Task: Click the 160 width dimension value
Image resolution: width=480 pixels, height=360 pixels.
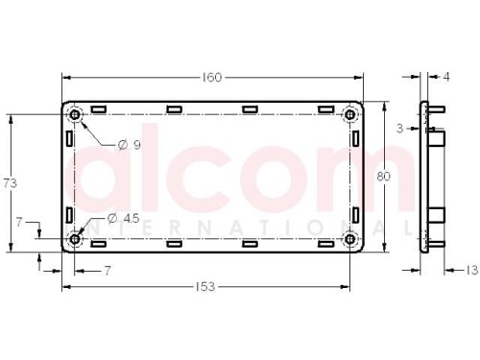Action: pos(212,78)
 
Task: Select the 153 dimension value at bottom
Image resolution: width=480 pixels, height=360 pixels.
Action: pos(205,287)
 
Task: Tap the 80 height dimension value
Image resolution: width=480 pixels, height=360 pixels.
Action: pos(383,177)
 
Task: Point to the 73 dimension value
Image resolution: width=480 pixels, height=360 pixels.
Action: pos(10,183)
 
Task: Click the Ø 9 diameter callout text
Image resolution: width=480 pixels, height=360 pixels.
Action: pos(129,145)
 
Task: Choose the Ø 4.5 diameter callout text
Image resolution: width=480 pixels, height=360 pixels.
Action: pos(123,219)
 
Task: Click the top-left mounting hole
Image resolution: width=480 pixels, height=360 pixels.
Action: pos(75,114)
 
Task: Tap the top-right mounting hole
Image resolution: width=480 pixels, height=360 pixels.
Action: pos(350,114)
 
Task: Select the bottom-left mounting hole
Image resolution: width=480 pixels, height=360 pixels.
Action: pos(75,239)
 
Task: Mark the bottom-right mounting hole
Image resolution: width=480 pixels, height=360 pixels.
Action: pos(350,239)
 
